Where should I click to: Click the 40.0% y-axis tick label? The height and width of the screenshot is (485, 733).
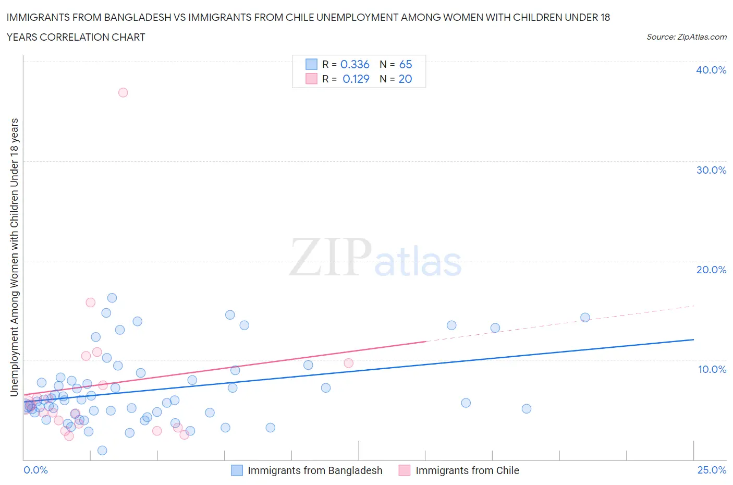pos(711,70)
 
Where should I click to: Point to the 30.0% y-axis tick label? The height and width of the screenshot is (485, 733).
pos(711,170)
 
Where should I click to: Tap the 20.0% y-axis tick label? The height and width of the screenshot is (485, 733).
pos(711,270)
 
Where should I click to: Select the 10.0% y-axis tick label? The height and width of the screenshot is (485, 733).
pos(712,369)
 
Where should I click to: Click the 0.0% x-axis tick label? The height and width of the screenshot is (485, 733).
pos(35,470)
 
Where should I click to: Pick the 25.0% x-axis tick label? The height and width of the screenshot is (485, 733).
pos(712,470)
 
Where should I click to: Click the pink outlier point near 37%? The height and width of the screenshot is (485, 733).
pos(123,92)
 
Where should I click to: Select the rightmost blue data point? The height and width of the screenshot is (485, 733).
pos(585,318)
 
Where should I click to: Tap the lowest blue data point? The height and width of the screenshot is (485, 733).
pos(102,451)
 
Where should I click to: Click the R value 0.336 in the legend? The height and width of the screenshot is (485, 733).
pos(355,64)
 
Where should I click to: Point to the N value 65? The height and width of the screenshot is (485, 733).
pos(406,64)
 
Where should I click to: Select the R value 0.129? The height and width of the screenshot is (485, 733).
pos(356,79)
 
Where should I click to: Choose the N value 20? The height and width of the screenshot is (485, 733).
pos(405,79)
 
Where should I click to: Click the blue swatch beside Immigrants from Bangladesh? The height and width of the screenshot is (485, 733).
pos(237,470)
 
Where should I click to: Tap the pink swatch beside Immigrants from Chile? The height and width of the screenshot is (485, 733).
pos(405,470)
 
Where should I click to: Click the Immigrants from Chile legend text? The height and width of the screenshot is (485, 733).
pos(467,470)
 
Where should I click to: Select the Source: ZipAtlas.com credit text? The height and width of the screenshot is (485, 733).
pos(686,37)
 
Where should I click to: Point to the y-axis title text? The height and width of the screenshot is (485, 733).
pos(14,257)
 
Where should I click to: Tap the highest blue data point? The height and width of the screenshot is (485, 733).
pos(112,298)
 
